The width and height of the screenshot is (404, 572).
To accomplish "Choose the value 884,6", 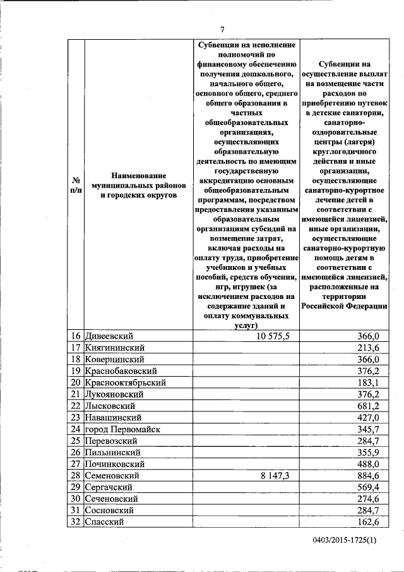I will [367, 475].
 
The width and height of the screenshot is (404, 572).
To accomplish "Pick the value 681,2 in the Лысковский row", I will [367, 406].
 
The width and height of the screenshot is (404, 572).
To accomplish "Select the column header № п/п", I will [75, 185].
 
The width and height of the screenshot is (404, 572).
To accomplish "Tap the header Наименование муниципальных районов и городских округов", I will [138, 185].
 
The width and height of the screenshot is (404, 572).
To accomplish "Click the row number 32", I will [75, 522].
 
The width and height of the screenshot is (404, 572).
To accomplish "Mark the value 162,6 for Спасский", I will [367, 522].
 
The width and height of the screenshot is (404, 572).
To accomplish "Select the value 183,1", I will [367, 382].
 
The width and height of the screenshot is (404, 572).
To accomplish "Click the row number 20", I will [75, 382].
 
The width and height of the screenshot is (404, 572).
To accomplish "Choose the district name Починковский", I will [116, 464].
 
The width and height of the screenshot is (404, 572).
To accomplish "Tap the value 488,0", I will [367, 464].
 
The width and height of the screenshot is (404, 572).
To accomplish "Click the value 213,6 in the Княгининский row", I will [367, 348].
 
